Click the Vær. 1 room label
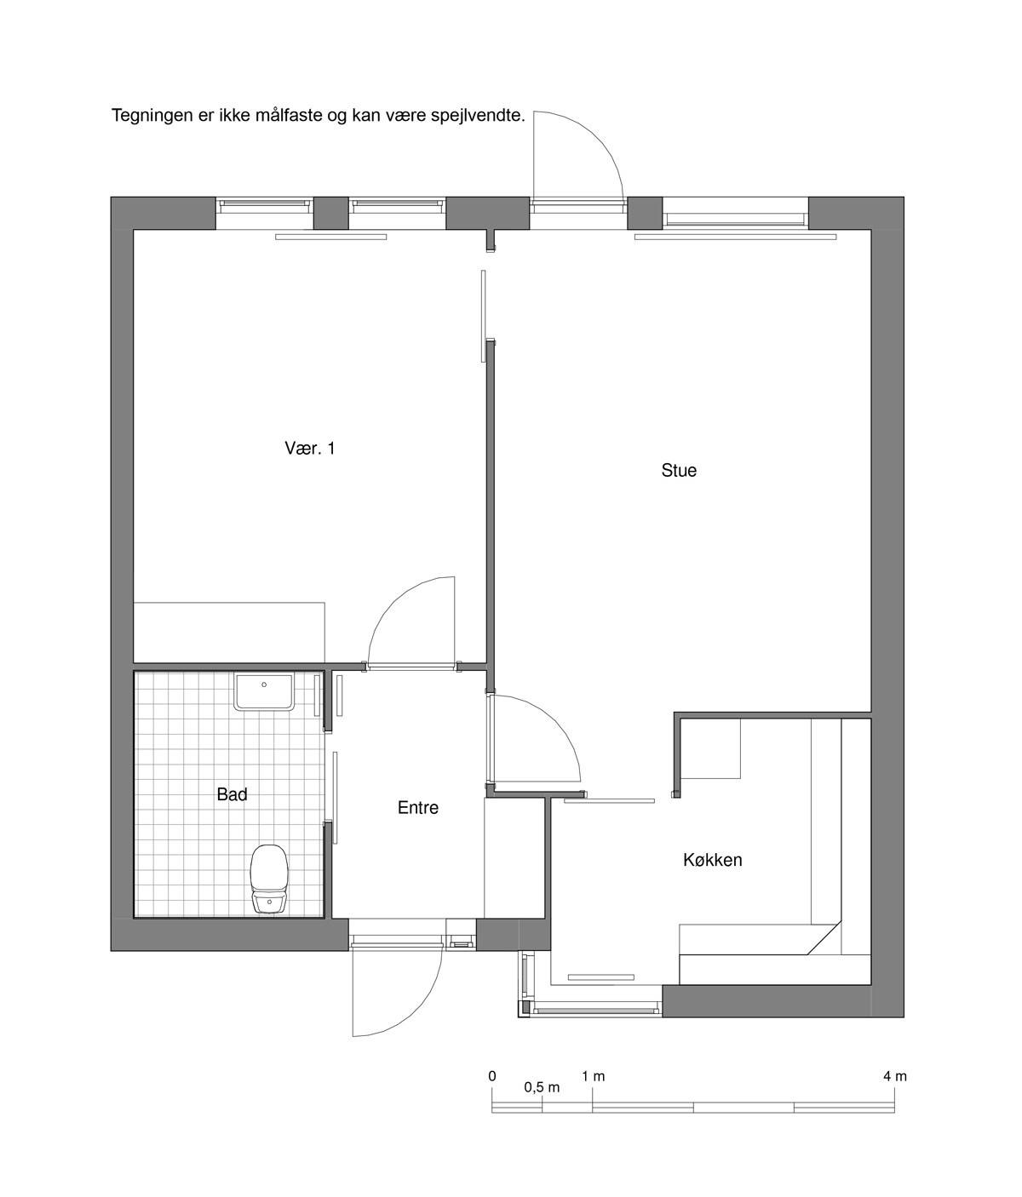click(x=310, y=448)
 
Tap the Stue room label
click(x=679, y=470)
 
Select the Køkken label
click(x=713, y=860)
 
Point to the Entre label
click(x=417, y=807)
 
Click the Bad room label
click(x=232, y=794)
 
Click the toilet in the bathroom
click(x=269, y=879)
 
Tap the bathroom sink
click(x=264, y=691)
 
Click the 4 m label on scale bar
click(x=895, y=1076)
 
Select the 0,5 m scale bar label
click(x=542, y=1087)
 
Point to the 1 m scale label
click(x=594, y=1076)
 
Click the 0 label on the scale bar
click(x=492, y=1076)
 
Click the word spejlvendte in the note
click(x=478, y=116)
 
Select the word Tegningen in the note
click(x=152, y=116)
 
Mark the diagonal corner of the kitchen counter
click(x=824, y=938)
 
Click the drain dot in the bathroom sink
click(x=264, y=684)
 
